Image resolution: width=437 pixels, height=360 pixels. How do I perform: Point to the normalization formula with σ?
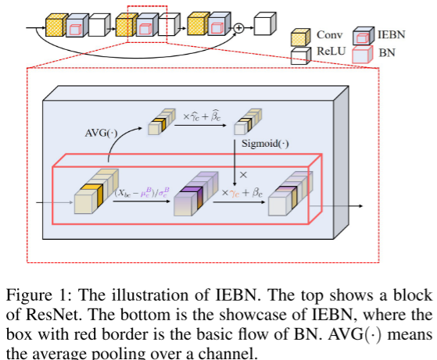click(x=142, y=191)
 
